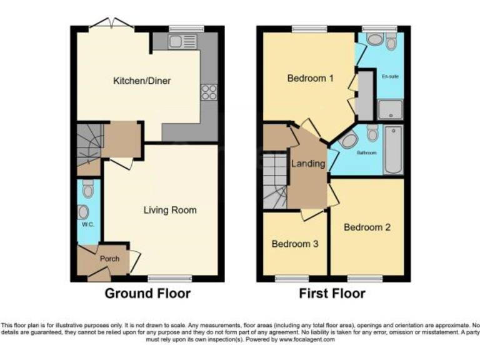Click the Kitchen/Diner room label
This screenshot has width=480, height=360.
(x=142, y=81)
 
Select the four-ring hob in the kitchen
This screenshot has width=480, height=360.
(x=209, y=92)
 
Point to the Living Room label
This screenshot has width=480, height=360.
(x=170, y=210)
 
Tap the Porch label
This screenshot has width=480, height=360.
(x=109, y=258)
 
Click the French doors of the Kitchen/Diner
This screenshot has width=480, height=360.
(x=111, y=25)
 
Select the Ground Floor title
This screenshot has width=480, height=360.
(x=147, y=293)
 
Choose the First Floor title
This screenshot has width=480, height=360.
(x=332, y=293)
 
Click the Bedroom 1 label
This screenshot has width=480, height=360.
(x=311, y=78)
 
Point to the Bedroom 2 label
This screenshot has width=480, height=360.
(x=367, y=227)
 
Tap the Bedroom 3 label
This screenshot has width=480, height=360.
(x=295, y=244)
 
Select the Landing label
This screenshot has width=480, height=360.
(x=308, y=164)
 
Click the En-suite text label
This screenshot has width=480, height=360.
(x=389, y=76)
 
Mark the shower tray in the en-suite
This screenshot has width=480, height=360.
(x=391, y=110)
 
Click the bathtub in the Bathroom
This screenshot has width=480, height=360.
(x=394, y=150)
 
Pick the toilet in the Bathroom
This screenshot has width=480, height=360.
(x=372, y=134)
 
